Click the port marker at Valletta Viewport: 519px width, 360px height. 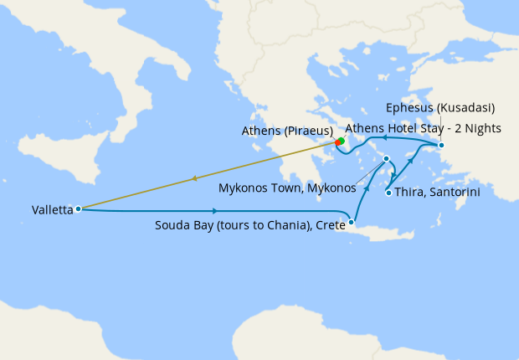77,208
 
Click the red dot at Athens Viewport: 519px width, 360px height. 339,141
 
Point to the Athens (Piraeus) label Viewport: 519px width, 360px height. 287,131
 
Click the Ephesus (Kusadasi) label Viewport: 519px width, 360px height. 440,108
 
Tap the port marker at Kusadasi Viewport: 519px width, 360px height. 441,147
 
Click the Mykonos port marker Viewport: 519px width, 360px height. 386,158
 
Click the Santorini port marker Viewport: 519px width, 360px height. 388,193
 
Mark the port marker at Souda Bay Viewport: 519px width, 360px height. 351,222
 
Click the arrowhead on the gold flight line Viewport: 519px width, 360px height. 193,177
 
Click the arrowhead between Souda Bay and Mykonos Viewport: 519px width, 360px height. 367,180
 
